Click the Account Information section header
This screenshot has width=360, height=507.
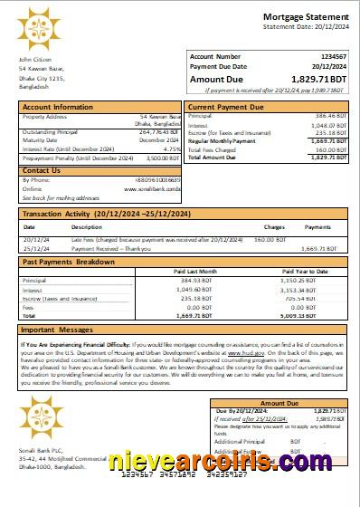tap(58, 107)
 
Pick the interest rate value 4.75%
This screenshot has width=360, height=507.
tap(170, 149)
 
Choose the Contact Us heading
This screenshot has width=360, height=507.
tap(42, 170)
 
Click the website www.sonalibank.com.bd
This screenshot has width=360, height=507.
tap(152, 188)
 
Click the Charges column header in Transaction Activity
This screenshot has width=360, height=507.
tap(274, 226)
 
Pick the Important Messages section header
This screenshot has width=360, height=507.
tap(58, 330)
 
